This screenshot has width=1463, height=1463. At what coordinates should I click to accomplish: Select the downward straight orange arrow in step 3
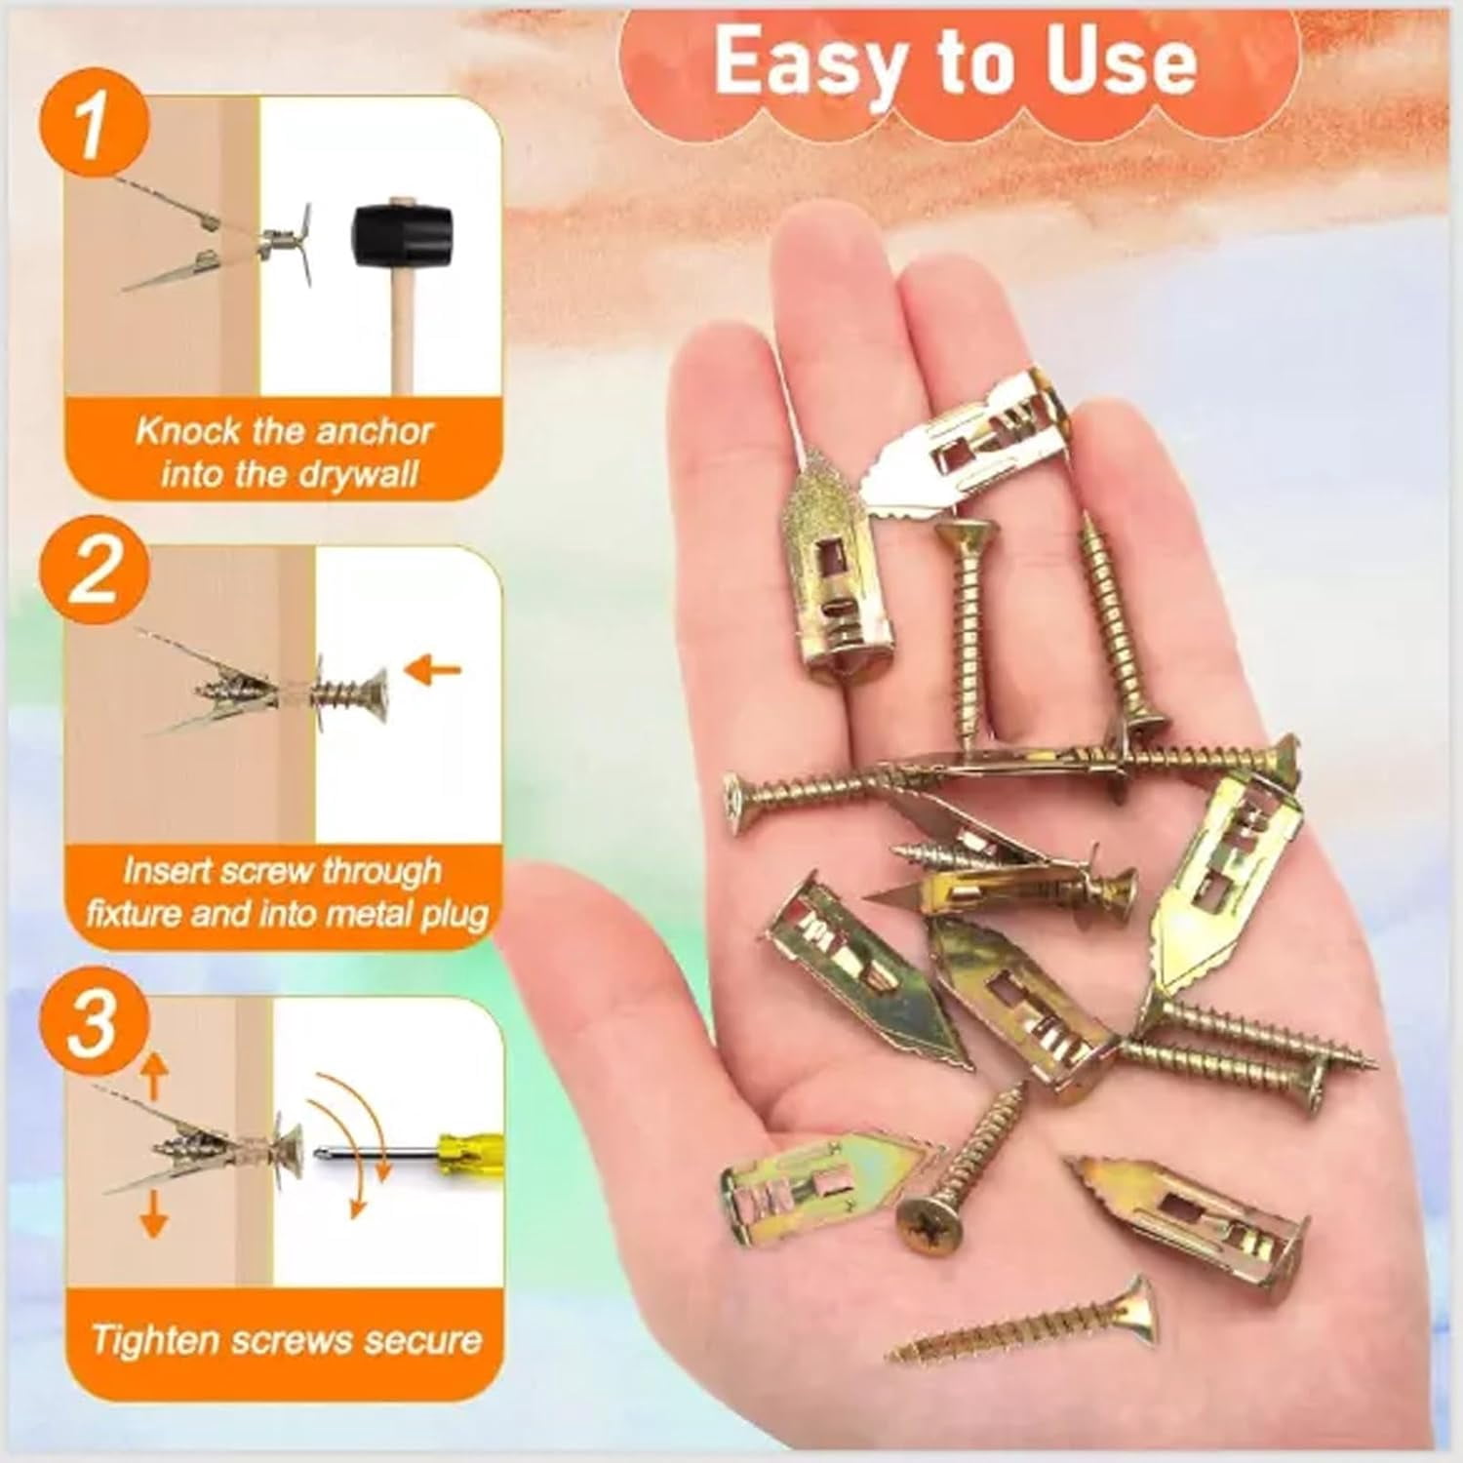coord(153,1211)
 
